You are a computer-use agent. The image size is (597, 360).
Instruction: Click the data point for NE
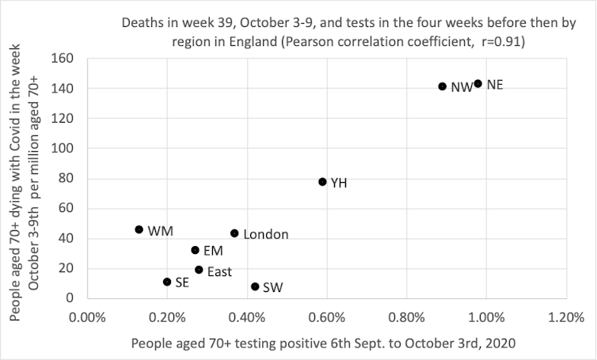click(477, 83)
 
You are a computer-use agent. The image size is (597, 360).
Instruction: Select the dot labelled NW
click(442, 86)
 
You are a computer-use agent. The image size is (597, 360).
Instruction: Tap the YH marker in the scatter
click(322, 181)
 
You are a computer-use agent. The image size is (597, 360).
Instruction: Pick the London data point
click(234, 233)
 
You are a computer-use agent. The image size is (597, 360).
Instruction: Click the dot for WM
click(139, 229)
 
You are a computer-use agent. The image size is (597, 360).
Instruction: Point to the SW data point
click(255, 286)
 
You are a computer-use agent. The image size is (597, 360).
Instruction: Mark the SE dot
click(167, 282)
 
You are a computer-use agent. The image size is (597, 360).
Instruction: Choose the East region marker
click(199, 270)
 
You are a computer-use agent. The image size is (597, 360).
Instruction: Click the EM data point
click(195, 250)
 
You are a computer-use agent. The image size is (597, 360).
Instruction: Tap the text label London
click(265, 234)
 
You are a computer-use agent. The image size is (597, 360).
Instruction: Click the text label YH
click(338, 183)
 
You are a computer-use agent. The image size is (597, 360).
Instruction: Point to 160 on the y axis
click(63, 59)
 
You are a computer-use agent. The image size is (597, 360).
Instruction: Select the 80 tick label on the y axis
click(67, 178)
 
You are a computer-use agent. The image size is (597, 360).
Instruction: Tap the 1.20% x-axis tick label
click(565, 317)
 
